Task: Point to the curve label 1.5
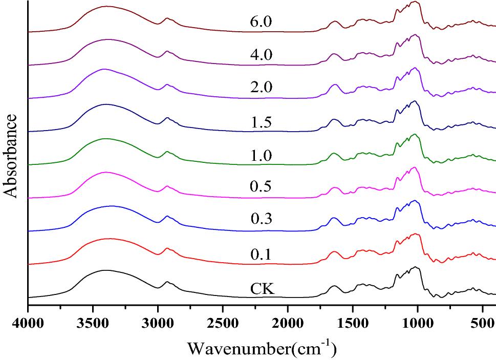tap(261, 122)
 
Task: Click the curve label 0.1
tap(261, 254)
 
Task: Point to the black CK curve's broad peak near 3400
tap(105, 270)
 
